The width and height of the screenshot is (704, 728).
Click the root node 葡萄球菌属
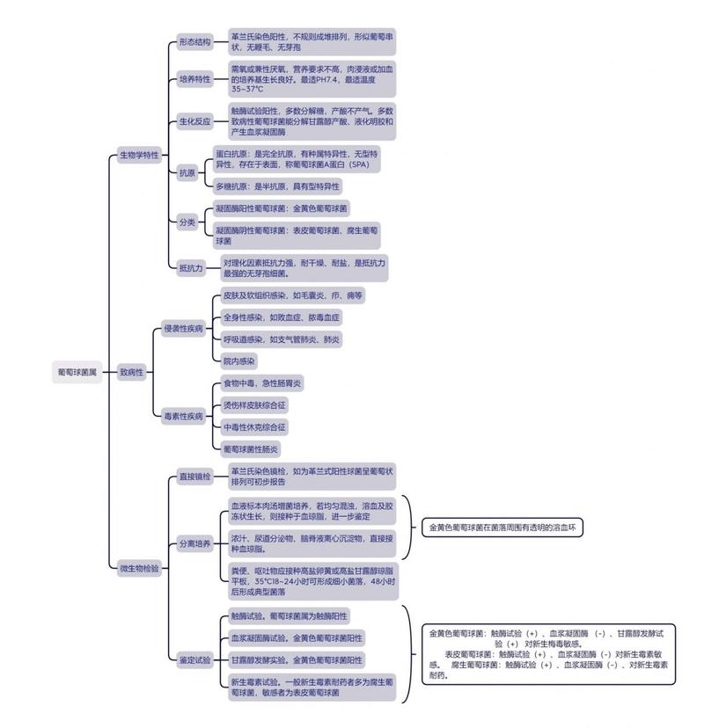[77, 372]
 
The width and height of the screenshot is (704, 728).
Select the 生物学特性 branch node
[139, 155]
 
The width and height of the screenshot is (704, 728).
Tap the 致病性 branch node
[132, 372]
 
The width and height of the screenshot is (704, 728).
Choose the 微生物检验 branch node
[139, 568]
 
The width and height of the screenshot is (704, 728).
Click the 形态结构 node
[195, 42]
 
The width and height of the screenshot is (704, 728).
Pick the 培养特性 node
[195, 79]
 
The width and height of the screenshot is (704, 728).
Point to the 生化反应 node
[195, 121]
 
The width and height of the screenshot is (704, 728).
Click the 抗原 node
[187, 172]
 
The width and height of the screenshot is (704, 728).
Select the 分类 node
[187, 222]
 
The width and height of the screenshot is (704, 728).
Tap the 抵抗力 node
[192, 268]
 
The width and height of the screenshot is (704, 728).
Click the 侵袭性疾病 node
[184, 329]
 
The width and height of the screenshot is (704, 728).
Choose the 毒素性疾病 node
[184, 416]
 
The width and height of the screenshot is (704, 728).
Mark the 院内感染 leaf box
[239, 361]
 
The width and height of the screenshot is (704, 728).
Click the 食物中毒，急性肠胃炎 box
[262, 383]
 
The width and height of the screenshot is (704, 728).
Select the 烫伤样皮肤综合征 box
[254, 405]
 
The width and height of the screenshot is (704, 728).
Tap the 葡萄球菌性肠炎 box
[251, 449]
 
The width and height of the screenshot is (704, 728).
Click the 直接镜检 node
[195, 477]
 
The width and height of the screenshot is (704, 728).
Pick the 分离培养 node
[195, 543]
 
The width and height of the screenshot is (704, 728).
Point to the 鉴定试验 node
[195, 659]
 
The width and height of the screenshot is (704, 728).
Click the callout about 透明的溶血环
[502, 528]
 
